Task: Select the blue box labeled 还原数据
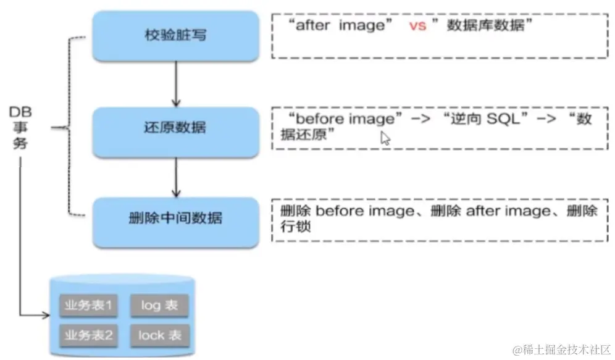175,130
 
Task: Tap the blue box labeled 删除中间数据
175,219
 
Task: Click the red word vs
418,27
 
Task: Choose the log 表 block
159,306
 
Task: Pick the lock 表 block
159,335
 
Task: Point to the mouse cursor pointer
385,138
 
